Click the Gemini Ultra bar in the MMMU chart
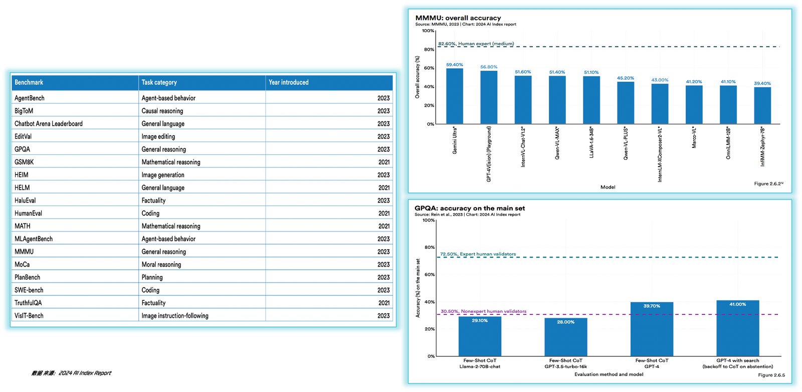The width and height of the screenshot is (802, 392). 455,96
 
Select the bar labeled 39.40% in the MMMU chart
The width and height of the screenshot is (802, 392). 762,106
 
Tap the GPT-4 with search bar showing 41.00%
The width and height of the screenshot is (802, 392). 737,328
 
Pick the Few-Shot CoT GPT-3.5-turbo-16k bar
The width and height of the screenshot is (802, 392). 566,337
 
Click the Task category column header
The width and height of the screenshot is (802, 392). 159,82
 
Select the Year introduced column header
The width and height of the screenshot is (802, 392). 289,82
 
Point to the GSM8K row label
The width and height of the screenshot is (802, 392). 24,162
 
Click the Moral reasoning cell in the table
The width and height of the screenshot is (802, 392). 161,265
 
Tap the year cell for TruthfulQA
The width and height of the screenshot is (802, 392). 384,303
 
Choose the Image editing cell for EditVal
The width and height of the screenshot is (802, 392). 158,136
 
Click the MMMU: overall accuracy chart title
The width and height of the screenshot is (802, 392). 458,18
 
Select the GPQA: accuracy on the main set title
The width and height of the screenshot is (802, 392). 470,208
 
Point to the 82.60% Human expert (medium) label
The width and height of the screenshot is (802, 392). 476,44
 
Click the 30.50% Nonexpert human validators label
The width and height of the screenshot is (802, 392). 483,311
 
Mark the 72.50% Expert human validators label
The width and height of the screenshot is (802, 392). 478,254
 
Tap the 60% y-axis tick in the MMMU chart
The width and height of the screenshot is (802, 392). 429,68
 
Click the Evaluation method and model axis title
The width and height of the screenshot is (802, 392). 609,374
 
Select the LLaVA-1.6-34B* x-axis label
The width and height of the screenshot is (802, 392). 591,143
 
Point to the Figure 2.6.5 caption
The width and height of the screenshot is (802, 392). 771,375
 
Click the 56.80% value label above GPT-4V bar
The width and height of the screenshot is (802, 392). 489,67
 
